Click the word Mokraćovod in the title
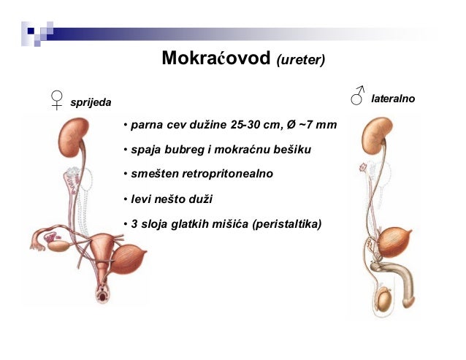pyautogui.click(x=215, y=58)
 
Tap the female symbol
pyautogui.click(x=56, y=99)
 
